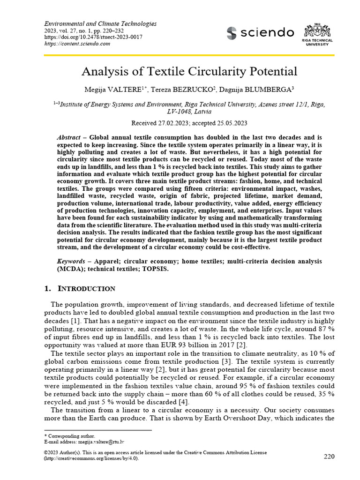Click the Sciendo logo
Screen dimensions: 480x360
pyautogui.click(x=260, y=33)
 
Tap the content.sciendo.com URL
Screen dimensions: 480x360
pyautogui.click(x=77, y=44)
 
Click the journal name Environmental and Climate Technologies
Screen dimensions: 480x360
pyautogui.click(x=100, y=24)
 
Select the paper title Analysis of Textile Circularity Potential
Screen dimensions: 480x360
pyautogui.click(x=189, y=71)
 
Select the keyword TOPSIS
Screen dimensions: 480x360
pyautogui.click(x=152, y=269)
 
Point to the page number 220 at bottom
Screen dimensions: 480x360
pyautogui.click(x=330, y=456)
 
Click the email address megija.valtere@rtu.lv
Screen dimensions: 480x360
pyautogui.click(x=99, y=442)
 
